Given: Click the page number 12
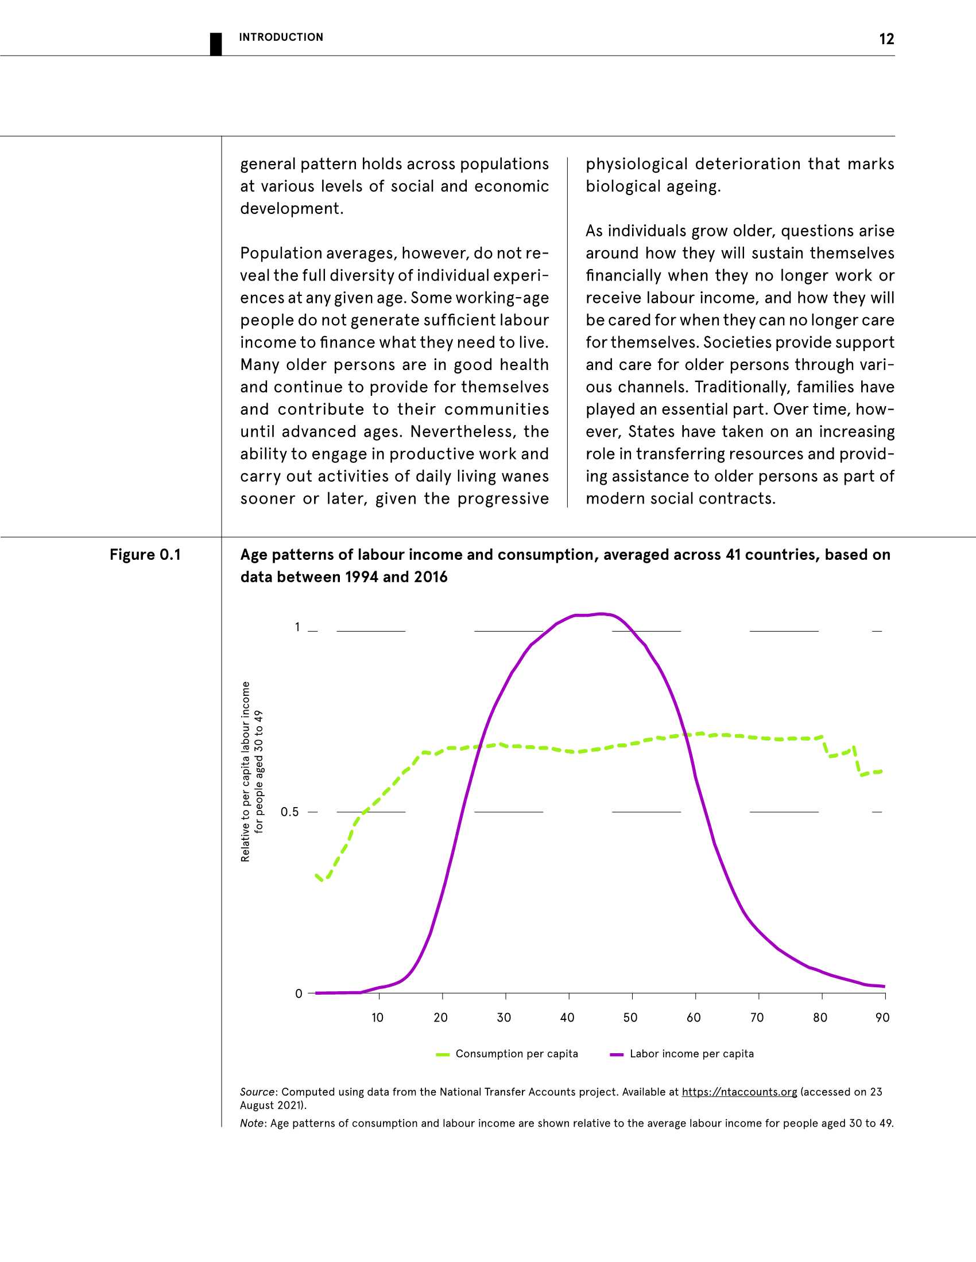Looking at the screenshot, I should coord(886,38).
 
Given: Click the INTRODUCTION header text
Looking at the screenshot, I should coord(281,37).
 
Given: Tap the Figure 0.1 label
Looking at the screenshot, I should coord(145,555).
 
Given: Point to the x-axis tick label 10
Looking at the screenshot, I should coord(377,1018).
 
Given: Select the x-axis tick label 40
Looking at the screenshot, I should coord(567,1018).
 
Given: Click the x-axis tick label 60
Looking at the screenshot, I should coord(694,1018).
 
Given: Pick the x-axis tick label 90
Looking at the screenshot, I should coord(882,1018).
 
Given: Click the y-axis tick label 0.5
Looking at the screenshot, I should coord(290,812).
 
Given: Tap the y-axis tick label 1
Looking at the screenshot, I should coord(298,627).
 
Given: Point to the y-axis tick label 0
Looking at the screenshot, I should coord(299,994).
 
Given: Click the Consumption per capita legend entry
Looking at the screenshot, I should coord(516,1053).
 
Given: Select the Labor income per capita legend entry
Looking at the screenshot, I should coord(692,1053).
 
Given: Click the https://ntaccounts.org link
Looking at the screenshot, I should coord(739,1092).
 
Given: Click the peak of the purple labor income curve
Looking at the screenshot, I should coord(601,614).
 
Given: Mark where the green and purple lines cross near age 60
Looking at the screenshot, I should coord(685,735).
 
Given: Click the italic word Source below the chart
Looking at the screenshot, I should coord(257,1092).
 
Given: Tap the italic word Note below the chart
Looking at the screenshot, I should coord(252,1123).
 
